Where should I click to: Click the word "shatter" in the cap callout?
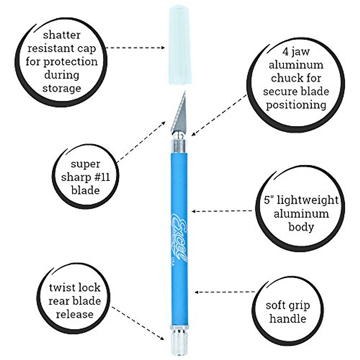(62, 35)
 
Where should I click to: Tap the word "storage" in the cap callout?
(62, 88)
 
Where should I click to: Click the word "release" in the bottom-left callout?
(75, 314)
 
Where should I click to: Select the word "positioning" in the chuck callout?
(296, 105)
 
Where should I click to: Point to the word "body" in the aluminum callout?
(301, 227)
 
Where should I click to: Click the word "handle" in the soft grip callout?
(288, 319)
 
